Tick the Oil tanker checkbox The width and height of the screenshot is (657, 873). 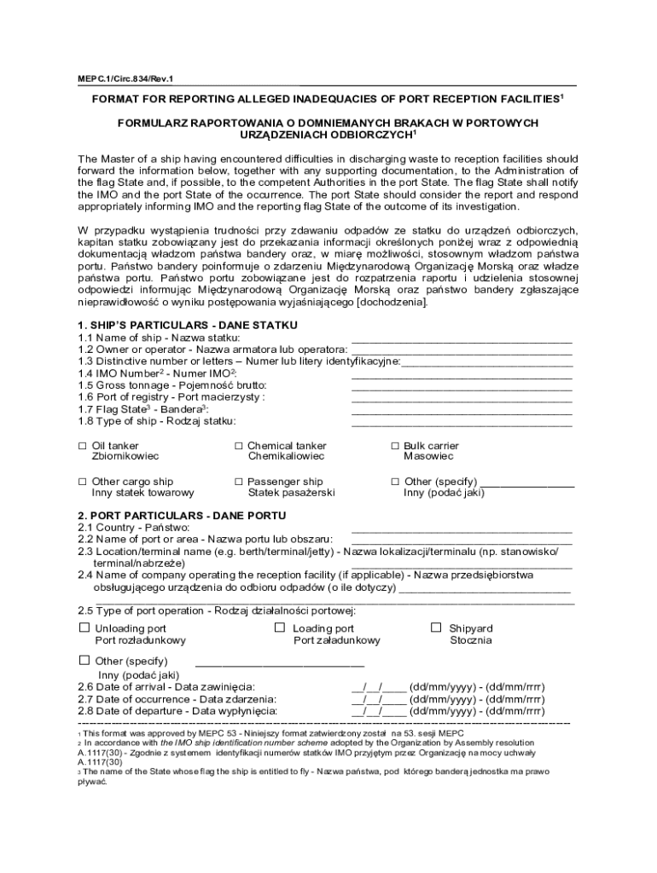click(x=83, y=446)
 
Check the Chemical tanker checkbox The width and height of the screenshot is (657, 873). click(x=239, y=446)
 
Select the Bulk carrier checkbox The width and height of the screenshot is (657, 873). click(x=395, y=446)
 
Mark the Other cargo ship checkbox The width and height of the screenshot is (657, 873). click(x=83, y=482)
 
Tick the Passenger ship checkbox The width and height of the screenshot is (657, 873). click(x=239, y=482)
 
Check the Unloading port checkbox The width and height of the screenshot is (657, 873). click(x=84, y=627)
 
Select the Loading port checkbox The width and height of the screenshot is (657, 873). click(x=279, y=627)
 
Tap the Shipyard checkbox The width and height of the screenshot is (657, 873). click(x=435, y=627)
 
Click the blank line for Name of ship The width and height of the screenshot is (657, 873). click(x=461, y=339)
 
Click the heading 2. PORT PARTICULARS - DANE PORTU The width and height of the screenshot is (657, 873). click(x=182, y=516)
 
